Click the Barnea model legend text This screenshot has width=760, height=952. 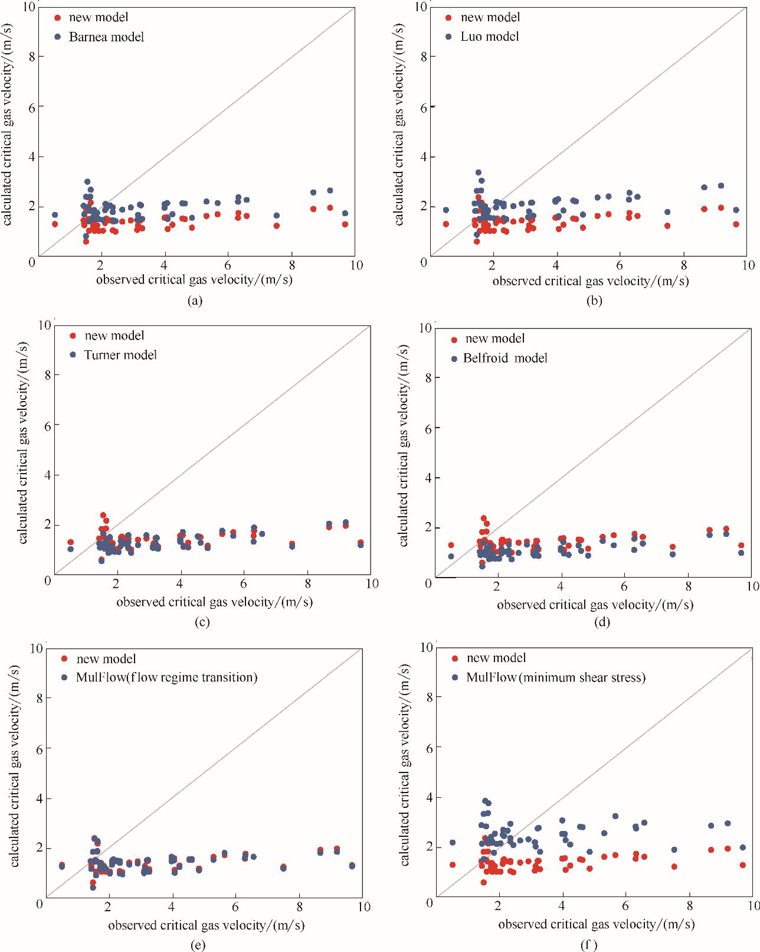coord(106,37)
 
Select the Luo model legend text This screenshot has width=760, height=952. coord(490,37)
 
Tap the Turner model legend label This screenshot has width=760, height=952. coord(120,355)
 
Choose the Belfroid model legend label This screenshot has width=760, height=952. coord(505,358)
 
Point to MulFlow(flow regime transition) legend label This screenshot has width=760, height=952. coord(167,677)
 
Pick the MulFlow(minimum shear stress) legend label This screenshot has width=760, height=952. coord(555,677)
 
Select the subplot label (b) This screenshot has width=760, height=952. coord(594,301)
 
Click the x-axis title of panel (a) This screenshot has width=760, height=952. coord(194,279)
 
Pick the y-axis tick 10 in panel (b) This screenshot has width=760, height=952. coord(420,7)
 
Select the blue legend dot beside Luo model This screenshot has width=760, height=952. coord(449,37)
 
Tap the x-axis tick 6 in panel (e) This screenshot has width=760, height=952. coord(235,906)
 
